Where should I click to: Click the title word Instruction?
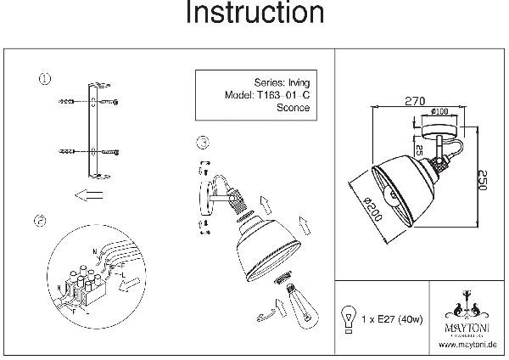coord(255,14)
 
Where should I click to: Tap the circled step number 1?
coord(44,81)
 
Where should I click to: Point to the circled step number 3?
coord(202,143)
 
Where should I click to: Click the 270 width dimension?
coord(415,101)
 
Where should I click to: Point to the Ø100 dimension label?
coord(439,111)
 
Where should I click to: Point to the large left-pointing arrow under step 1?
coord(87,195)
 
